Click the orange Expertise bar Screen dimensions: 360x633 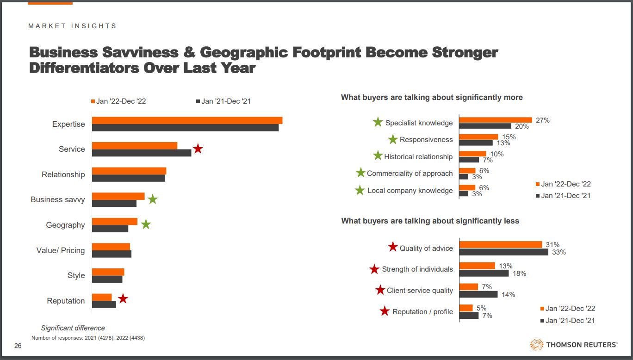(x=187, y=120)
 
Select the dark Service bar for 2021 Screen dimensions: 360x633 (x=142, y=153)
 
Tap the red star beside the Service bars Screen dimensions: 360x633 (x=198, y=149)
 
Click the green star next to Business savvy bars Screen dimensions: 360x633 (x=153, y=199)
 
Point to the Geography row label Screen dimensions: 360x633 (x=65, y=225)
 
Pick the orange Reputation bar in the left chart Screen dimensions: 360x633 (x=102, y=297)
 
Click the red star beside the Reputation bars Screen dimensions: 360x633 (x=123, y=299)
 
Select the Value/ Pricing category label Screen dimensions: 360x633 (x=61, y=250)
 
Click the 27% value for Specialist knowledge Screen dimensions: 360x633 (x=542, y=120)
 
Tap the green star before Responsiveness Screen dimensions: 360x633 (x=393, y=139)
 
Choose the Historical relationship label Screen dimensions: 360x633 (x=418, y=156)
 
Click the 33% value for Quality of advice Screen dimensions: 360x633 (x=559, y=252)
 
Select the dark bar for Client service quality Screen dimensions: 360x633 (x=478, y=294)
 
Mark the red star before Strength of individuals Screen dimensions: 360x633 (x=374, y=269)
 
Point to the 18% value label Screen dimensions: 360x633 (x=519, y=273)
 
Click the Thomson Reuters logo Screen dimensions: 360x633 (x=573, y=344)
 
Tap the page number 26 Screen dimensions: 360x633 (x=18, y=346)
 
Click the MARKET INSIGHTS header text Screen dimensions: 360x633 (x=72, y=26)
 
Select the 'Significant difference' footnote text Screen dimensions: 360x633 (x=73, y=328)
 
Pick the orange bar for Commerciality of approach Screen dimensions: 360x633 (x=467, y=171)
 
